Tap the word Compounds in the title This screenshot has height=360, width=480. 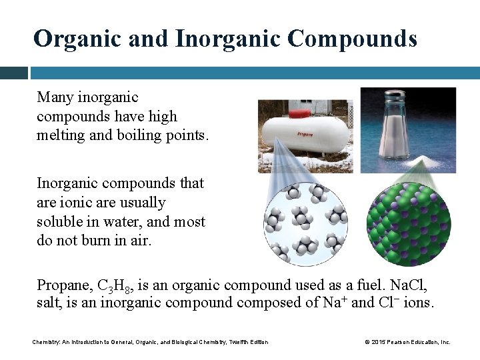coord(352,39)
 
